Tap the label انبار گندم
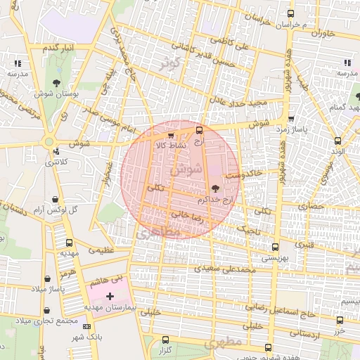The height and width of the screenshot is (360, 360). coord(59,47)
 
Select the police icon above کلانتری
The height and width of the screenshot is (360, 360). coord(56,150)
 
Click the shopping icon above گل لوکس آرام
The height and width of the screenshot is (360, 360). coord(56,198)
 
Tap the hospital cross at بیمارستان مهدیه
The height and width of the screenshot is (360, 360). coord(109,297)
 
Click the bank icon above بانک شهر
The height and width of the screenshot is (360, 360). coord(86,327)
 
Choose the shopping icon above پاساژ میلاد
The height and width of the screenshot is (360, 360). coord(49,279)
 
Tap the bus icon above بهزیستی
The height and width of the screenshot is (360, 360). coord(274,247)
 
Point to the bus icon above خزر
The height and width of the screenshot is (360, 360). coord(340,319)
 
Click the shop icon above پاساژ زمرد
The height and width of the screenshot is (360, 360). coord(290,119)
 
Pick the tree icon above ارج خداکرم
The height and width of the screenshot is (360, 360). coord(215,188)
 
